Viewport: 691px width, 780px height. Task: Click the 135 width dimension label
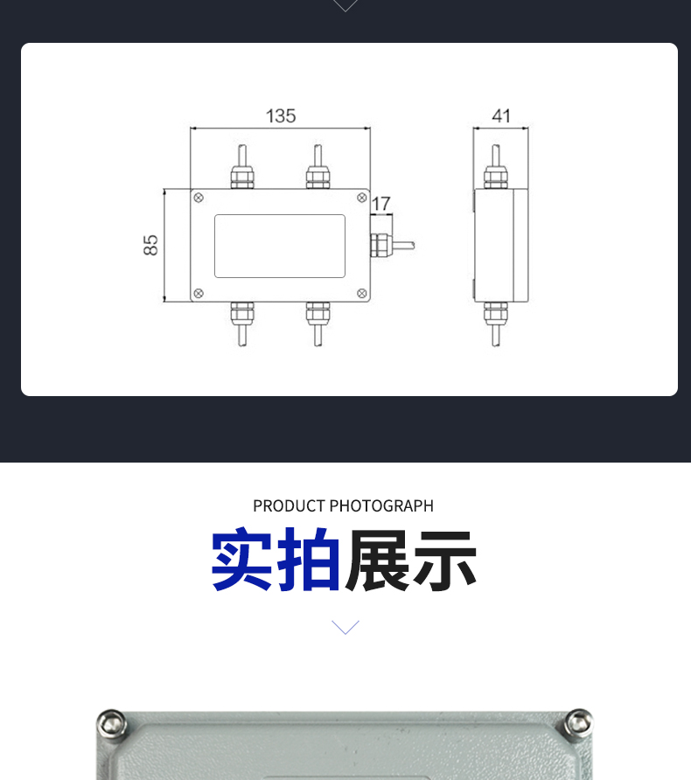pos(281,116)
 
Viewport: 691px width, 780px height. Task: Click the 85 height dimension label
pos(150,245)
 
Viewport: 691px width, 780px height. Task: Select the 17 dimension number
pos(381,204)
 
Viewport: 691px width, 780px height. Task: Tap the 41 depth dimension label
pos(501,116)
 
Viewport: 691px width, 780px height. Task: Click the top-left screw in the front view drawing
pos(199,198)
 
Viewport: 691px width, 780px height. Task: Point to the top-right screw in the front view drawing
pos(362,198)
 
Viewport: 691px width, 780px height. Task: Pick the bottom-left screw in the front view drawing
pos(199,294)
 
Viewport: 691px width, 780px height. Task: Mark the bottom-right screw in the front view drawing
pos(362,294)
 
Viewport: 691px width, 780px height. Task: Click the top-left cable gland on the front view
pos(242,178)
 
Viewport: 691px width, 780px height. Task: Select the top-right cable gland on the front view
pos(318,178)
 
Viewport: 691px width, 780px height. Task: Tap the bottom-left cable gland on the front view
pos(242,313)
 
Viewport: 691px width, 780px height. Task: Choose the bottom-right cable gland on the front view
pos(318,313)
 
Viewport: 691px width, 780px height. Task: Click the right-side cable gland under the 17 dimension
pos(380,245)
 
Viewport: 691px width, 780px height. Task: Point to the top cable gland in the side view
pos(496,178)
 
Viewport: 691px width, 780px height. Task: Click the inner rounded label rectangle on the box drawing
pos(280,215)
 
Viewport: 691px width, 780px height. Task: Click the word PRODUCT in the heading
pos(289,506)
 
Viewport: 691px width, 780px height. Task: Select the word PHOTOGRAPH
pos(381,506)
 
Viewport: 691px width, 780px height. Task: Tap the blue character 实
pos(241,559)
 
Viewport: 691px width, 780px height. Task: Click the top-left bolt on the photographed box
pos(111,723)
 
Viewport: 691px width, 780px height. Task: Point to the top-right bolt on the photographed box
pos(578,722)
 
